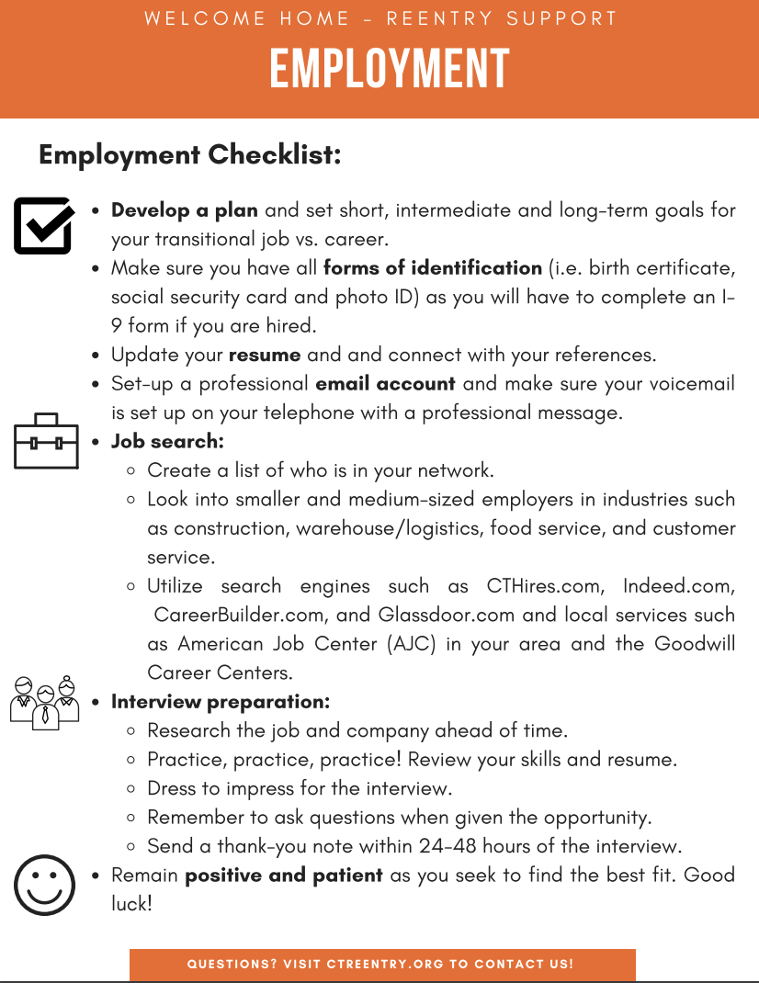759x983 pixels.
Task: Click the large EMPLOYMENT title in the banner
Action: [x=389, y=70]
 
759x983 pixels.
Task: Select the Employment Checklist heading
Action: [x=190, y=154]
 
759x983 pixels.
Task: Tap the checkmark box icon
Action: [x=43, y=225]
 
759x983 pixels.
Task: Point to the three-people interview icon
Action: [x=45, y=703]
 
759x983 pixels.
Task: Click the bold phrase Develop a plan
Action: [x=184, y=210]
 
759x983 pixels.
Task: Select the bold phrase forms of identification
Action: [x=432, y=268]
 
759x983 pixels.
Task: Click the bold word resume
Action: [x=265, y=355]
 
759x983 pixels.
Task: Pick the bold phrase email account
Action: [x=385, y=383]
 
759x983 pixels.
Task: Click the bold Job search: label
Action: [x=167, y=441]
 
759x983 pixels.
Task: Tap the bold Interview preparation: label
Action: [x=221, y=702]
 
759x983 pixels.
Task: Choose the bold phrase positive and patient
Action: [x=284, y=875]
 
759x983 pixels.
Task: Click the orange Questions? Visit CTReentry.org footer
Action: [x=381, y=964]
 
